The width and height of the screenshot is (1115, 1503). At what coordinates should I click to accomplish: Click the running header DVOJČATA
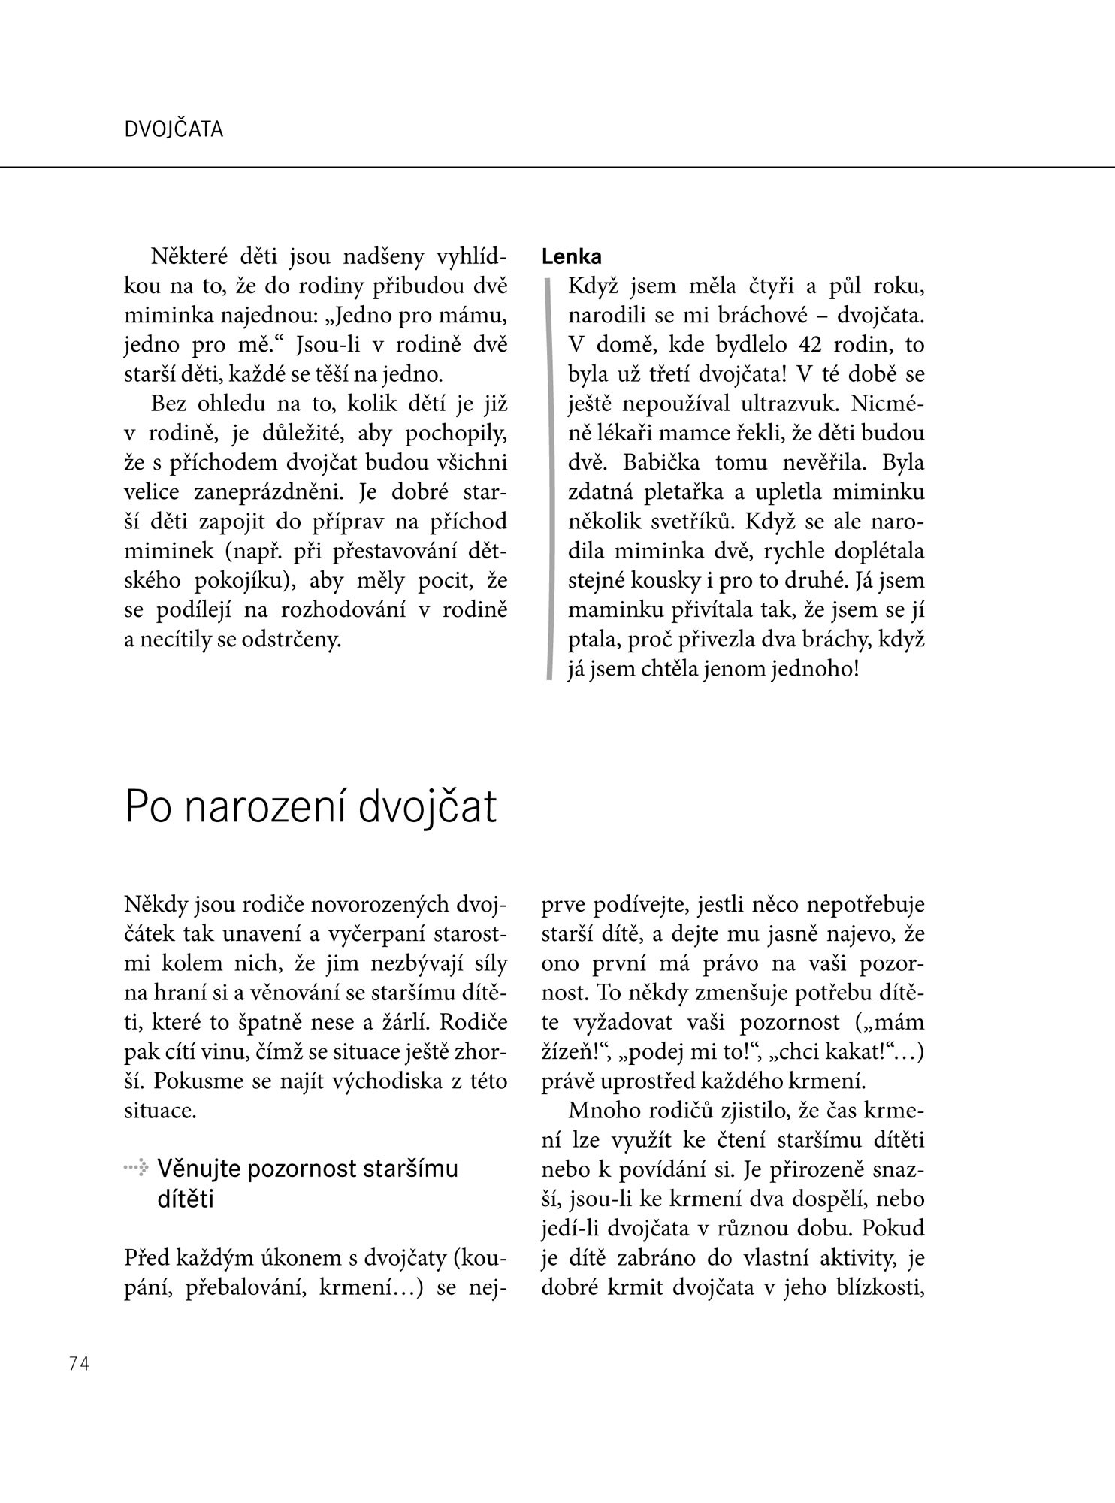coord(174,130)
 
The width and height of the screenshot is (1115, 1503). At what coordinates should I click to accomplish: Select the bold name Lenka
coord(572,257)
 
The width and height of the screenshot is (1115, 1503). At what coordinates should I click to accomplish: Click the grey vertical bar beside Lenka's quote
coord(548,478)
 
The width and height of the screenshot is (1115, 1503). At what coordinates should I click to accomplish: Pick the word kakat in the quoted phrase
coord(872,1052)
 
